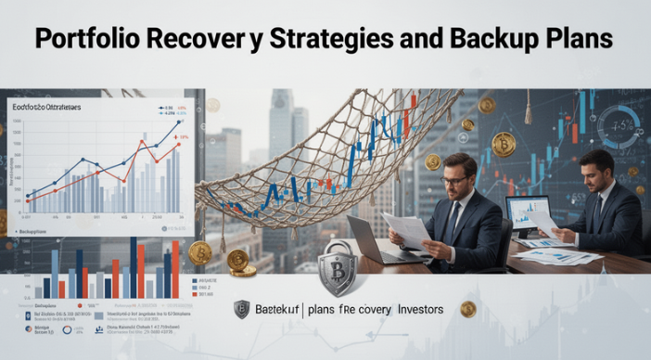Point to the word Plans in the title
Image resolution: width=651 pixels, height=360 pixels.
pyautogui.click(x=581, y=40)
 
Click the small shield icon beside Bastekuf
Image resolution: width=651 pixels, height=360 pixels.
pyautogui.click(x=241, y=310)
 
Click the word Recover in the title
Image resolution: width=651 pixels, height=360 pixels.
pyautogui.click(x=207, y=40)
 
